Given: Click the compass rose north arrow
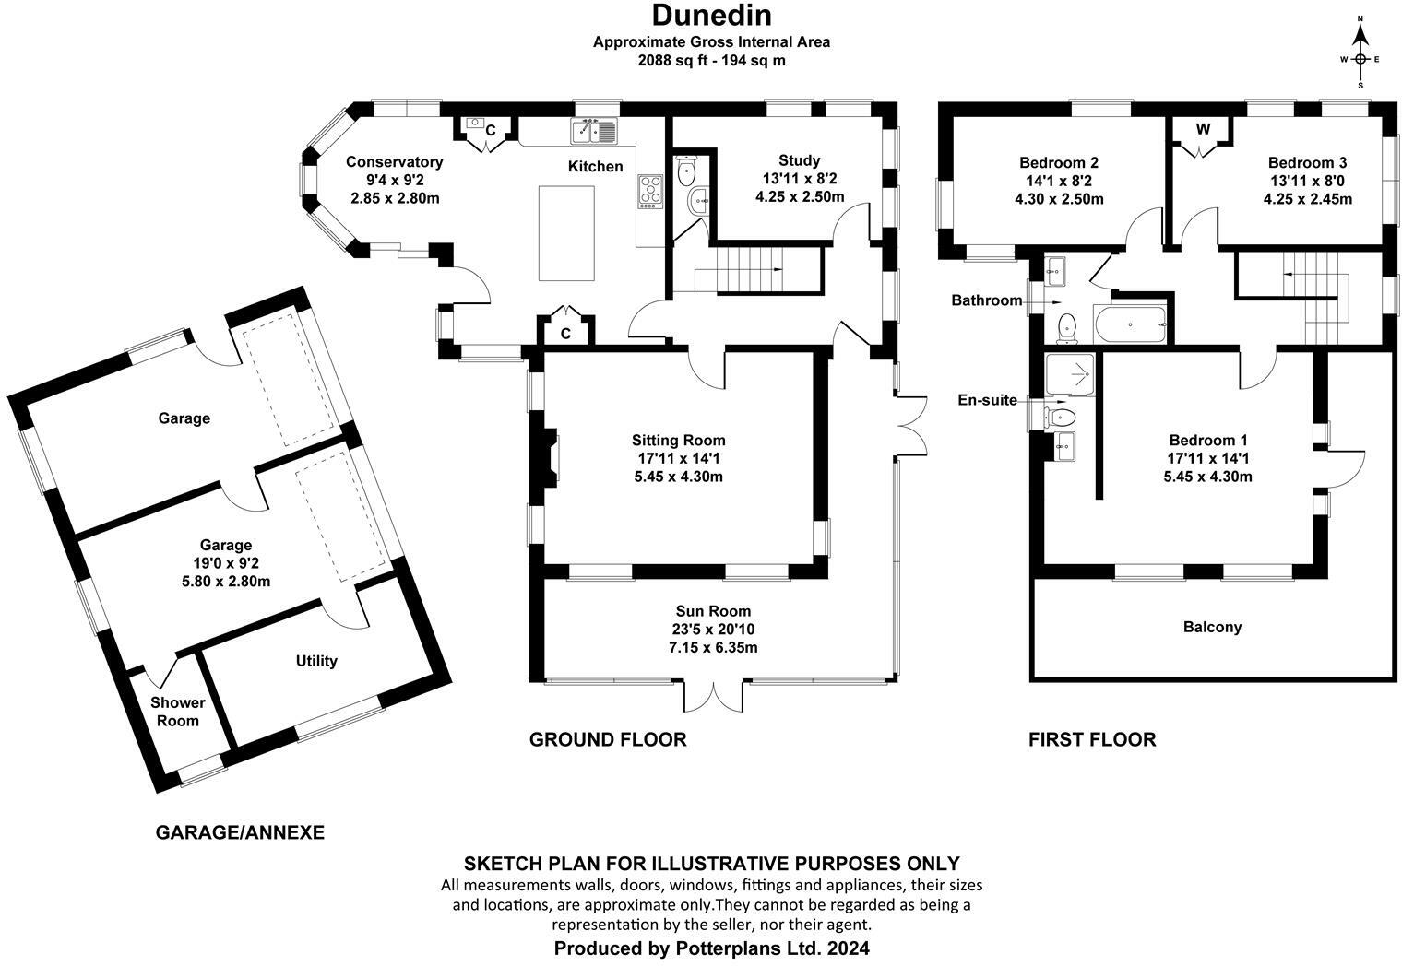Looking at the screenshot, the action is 1360,44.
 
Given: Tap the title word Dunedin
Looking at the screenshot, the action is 712,16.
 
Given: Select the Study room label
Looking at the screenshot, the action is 800,160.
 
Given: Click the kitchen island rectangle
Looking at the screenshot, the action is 566,232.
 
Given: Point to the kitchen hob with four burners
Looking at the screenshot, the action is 649,191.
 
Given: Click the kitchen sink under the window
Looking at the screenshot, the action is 593,131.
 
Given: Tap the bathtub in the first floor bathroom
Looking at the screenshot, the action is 1130,324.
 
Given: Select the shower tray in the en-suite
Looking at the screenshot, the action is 1071,375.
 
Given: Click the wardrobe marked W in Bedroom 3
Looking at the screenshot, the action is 1203,135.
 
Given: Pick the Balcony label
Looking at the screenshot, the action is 1212,627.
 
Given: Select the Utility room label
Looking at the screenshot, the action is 316,661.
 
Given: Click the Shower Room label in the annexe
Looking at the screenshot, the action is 178,712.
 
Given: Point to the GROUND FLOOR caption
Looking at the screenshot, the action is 608,739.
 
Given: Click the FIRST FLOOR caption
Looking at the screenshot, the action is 1092,739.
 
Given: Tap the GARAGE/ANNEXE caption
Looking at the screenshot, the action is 240,832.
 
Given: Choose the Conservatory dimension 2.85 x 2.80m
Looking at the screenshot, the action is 395,198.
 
